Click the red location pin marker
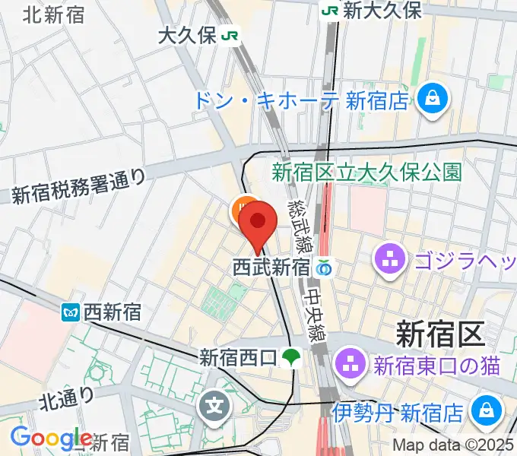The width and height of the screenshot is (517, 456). pyautogui.click(x=258, y=222)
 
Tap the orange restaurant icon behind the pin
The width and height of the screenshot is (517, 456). pyautogui.click(x=243, y=208)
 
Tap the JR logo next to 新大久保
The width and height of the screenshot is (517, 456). pyautogui.click(x=330, y=11)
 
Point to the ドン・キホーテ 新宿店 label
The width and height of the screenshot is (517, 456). pyautogui.click(x=302, y=100)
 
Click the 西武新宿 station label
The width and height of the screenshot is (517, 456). pyautogui.click(x=271, y=268)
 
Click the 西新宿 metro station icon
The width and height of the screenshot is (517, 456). pyautogui.click(x=72, y=311)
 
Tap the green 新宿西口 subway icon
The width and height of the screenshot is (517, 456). pyautogui.click(x=290, y=356)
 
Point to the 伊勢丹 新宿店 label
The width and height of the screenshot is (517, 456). pyautogui.click(x=398, y=413)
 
